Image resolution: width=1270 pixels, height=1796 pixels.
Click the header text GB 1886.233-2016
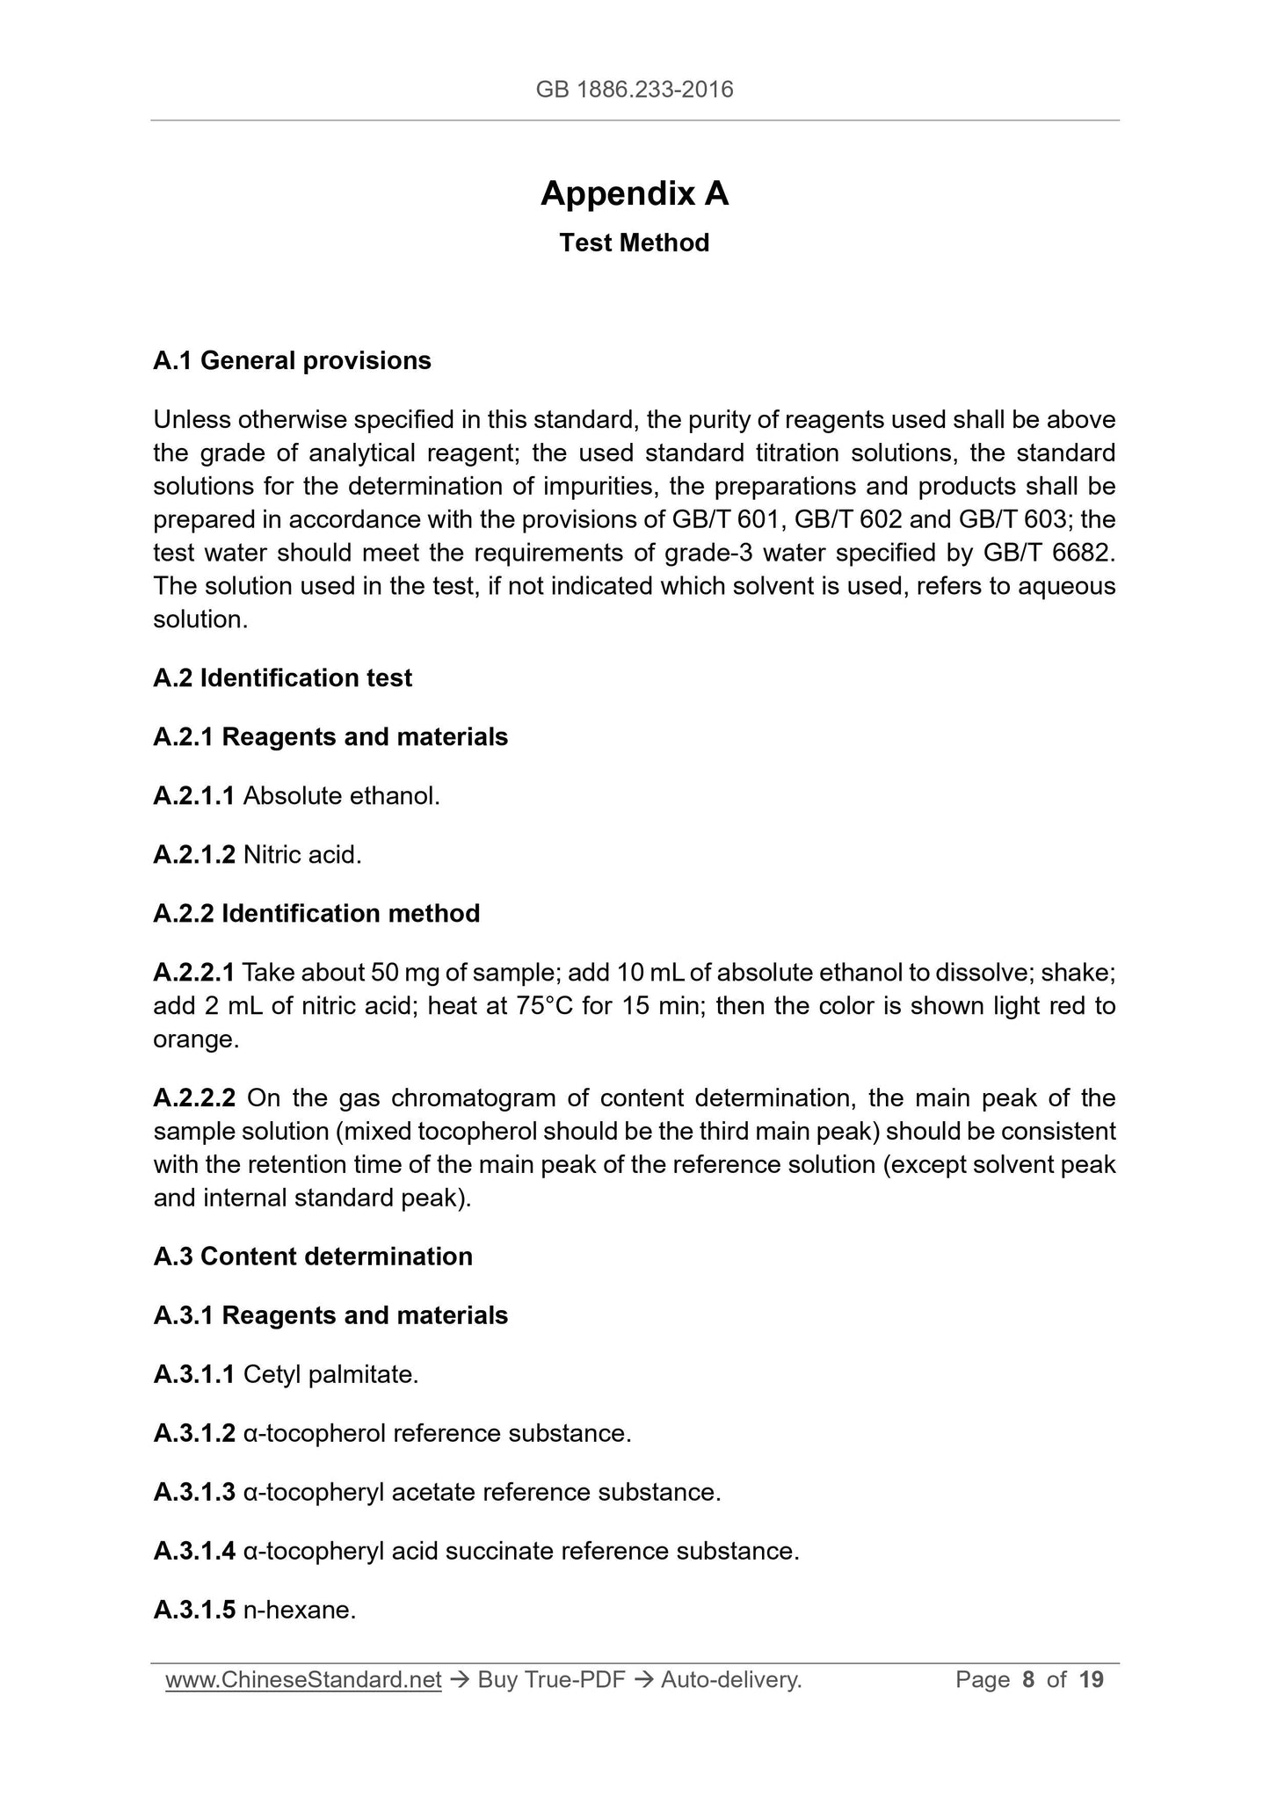pyautogui.click(x=634, y=89)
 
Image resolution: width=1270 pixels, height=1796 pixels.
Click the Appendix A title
pyautogui.click(x=634, y=193)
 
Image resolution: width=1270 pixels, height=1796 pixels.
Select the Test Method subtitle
pyautogui.click(x=634, y=243)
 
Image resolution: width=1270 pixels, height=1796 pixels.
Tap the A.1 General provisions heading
pyautogui.click(x=292, y=360)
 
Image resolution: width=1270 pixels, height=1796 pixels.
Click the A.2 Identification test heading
pyautogui.click(x=282, y=677)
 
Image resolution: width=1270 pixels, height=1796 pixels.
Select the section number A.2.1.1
pyautogui.click(x=193, y=795)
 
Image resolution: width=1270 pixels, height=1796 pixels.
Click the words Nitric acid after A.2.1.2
pyautogui.click(x=302, y=854)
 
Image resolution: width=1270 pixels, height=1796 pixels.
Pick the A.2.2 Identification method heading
pyautogui.click(x=316, y=913)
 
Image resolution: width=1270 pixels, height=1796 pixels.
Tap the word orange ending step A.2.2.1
pyautogui.click(x=195, y=1039)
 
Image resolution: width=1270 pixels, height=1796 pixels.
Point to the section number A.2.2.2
pyautogui.click(x=193, y=1097)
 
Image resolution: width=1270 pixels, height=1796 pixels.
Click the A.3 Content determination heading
pyautogui.click(x=313, y=1256)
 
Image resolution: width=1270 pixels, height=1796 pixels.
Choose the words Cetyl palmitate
pyautogui.click(x=330, y=1374)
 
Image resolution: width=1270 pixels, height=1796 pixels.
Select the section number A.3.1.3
pyautogui.click(x=193, y=1492)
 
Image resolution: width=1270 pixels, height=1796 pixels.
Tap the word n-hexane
pyautogui.click(x=299, y=1610)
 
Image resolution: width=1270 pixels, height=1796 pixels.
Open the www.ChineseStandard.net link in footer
pyautogui.click(x=303, y=1680)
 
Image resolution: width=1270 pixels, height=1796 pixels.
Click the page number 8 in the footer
pyautogui.click(x=1028, y=1680)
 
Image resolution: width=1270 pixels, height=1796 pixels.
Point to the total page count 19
pyautogui.click(x=1091, y=1680)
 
